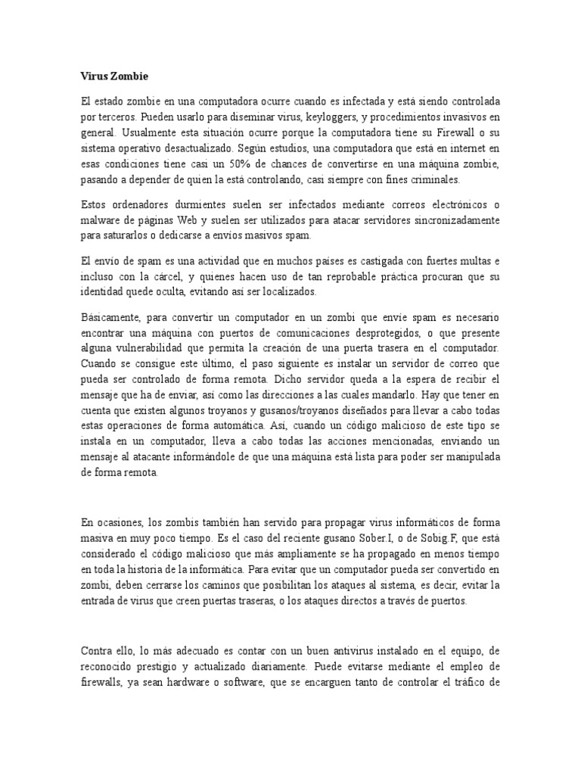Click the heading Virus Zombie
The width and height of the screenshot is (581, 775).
(114, 76)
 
